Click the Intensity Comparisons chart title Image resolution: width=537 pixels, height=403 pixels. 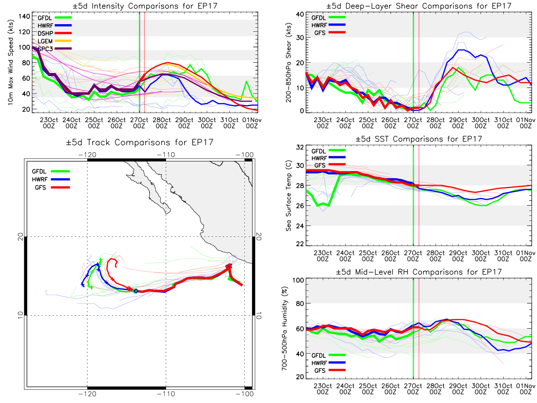(145, 6)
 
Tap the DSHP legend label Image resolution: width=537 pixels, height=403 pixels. (45, 33)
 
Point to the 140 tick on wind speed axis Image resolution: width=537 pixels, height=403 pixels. (25, 17)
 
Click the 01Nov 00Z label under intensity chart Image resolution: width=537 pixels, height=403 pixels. (252, 123)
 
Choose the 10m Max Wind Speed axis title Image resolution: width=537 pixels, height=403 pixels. (10, 62)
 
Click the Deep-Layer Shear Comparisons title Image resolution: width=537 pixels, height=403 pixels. (418, 6)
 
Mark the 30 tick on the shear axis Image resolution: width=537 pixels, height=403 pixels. (300, 38)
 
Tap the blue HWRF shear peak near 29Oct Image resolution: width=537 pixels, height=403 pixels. (461, 50)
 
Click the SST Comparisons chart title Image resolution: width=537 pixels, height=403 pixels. (418, 139)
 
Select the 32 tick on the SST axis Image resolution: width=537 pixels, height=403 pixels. (300, 147)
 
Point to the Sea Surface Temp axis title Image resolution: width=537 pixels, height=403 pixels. (289, 196)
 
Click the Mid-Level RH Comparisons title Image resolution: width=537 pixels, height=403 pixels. (418, 272)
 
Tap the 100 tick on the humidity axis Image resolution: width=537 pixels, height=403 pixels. (298, 280)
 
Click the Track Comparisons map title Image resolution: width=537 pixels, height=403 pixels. (140, 142)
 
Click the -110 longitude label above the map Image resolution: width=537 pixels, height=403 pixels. (166, 154)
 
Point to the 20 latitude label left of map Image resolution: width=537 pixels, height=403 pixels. (21, 236)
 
